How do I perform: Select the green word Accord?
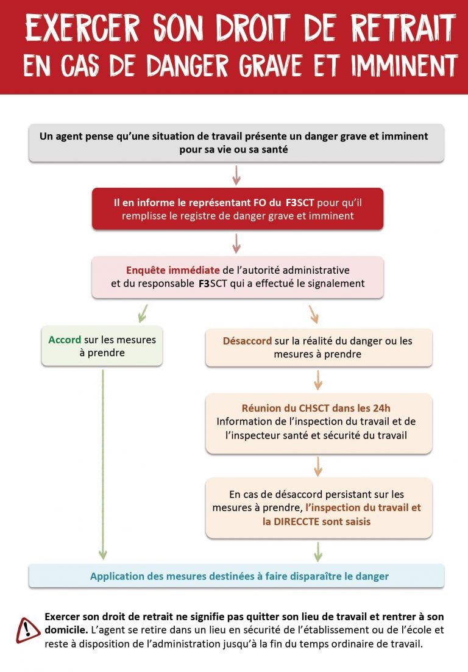65,340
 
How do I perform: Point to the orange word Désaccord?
247,341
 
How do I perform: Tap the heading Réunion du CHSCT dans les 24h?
316,408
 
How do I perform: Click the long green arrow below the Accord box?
102,463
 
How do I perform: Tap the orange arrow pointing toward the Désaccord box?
313,313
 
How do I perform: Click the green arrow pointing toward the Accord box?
143,313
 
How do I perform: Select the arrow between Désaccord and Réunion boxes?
317,379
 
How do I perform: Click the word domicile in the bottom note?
66,628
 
